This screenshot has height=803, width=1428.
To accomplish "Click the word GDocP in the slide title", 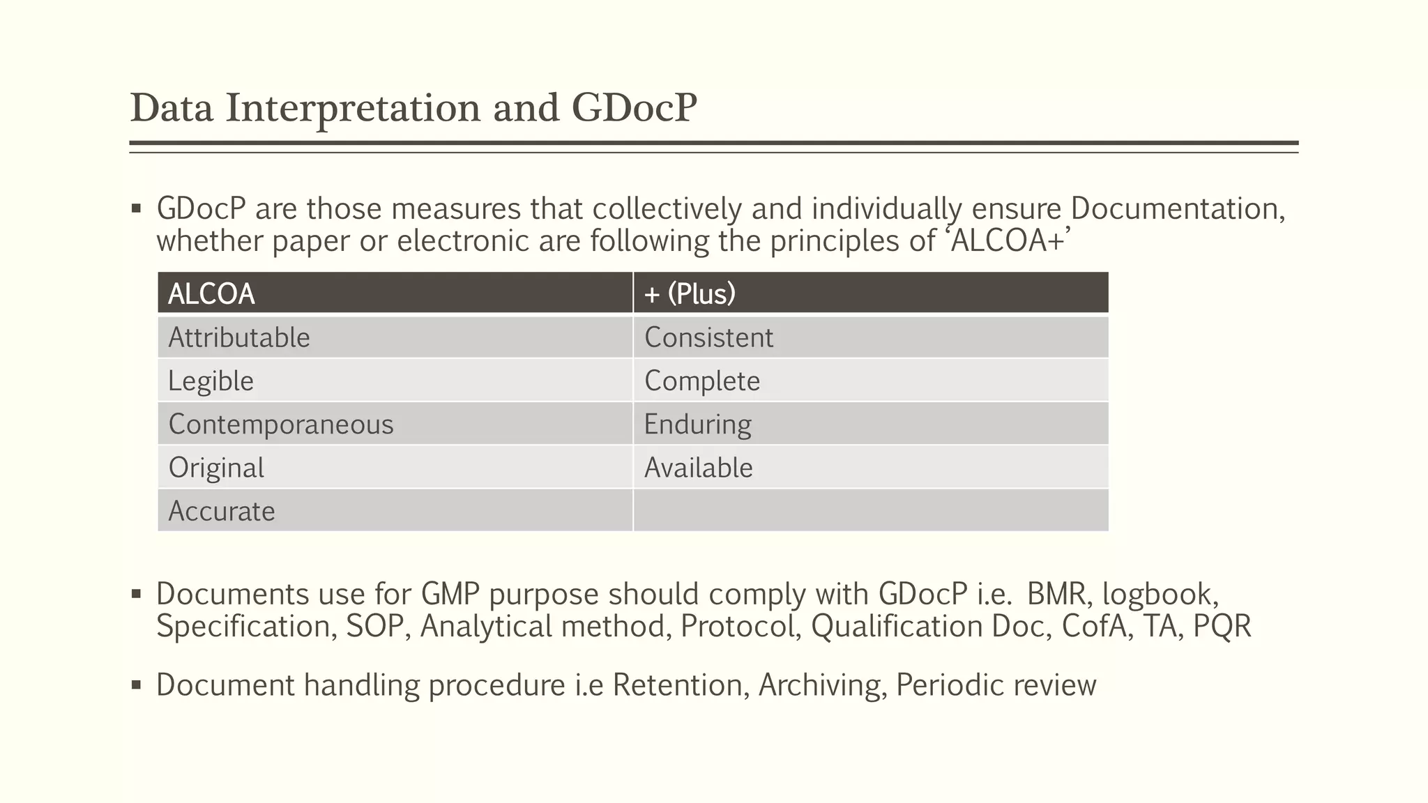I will pos(634,108).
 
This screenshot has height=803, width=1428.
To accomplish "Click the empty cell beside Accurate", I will pos(870,511).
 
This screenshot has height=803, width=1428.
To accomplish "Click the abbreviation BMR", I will pos(1056,594).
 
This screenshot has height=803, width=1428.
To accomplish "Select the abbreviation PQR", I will pos(1222,626).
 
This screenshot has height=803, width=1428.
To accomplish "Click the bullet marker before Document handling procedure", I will pos(137,685).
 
